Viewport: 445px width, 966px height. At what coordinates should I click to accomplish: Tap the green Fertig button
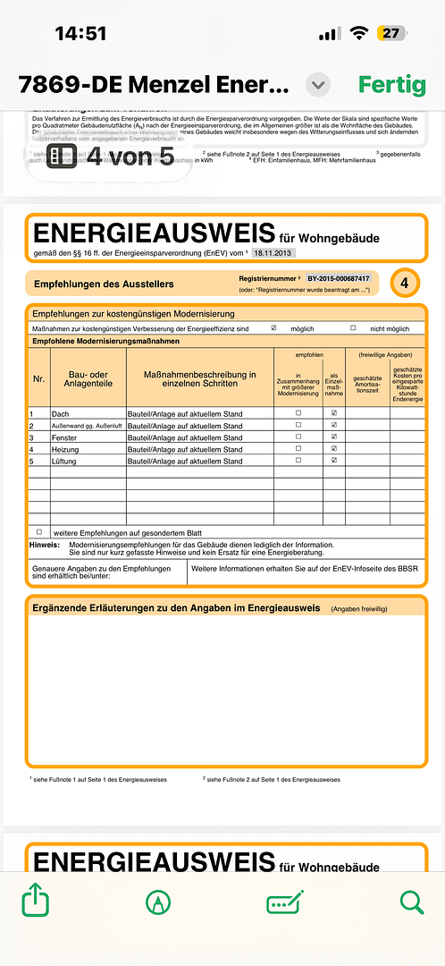point(391,85)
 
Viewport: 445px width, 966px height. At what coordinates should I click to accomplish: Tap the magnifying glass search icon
point(411,902)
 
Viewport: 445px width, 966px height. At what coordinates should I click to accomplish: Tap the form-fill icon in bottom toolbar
point(285,902)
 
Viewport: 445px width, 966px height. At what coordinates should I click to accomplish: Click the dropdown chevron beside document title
point(318,86)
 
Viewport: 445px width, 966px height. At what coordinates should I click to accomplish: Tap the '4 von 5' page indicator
point(110,157)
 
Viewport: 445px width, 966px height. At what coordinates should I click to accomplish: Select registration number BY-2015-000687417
point(338,279)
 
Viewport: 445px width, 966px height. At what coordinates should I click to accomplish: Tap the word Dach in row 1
point(61,414)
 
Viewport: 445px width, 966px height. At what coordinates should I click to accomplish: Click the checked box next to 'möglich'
point(273,328)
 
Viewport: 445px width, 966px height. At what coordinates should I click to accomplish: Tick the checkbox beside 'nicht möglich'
point(353,328)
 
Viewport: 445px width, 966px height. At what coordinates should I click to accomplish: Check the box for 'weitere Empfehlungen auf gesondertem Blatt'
point(39,531)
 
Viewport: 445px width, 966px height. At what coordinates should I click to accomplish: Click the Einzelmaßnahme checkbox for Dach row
point(333,413)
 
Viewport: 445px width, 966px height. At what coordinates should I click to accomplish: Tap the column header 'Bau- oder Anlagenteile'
point(88,378)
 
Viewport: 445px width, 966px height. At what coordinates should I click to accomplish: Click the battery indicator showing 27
point(390,33)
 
